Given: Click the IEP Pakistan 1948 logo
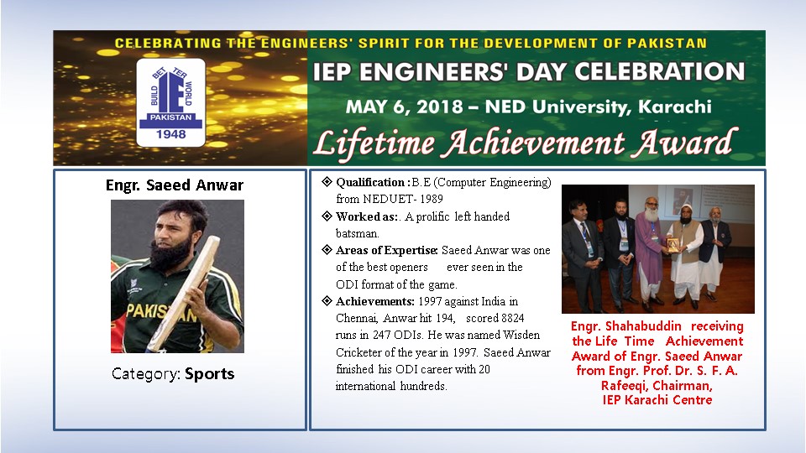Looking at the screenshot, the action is [170, 102].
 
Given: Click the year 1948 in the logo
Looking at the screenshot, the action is [170, 134].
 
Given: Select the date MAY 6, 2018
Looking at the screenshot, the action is [404, 107].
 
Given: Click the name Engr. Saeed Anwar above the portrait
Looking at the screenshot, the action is [175, 185].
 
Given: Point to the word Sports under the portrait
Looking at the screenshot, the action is [210, 373].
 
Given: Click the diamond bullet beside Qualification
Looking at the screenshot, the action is [327, 181].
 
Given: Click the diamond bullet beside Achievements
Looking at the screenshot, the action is [327, 300].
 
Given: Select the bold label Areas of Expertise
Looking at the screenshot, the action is [386, 250].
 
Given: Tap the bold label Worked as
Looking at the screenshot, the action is [367, 216].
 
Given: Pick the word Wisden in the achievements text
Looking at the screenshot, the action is [521, 335].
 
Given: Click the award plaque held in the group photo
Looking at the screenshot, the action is [673, 245].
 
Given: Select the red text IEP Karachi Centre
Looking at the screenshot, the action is [657, 399].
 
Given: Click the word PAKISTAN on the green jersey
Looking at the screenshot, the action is [160, 312].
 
